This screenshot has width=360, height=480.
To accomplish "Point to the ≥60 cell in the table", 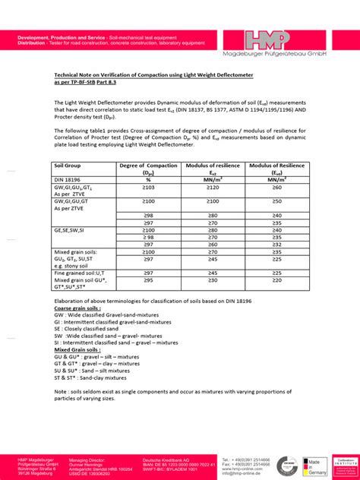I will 277,187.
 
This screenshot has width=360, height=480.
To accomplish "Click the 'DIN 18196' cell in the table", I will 68,179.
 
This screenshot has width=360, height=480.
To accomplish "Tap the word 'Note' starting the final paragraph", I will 62,391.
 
